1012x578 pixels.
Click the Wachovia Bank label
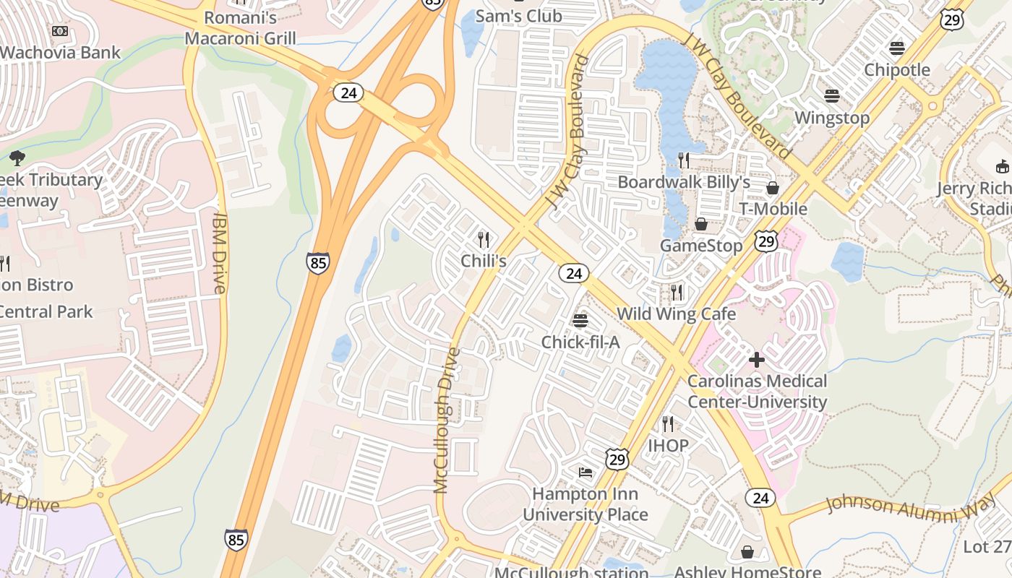61,53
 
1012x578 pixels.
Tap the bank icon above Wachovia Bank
61,31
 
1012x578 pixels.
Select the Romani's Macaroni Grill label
241,27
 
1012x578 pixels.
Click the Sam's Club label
518,16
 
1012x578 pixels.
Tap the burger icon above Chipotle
897,48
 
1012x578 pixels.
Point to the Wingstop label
832,117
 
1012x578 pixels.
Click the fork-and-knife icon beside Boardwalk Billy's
684,160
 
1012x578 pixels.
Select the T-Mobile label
773,209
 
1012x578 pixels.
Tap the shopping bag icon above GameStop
700,224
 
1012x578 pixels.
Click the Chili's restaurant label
484,261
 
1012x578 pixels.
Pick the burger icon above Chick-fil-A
580,320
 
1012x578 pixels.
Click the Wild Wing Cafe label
676,314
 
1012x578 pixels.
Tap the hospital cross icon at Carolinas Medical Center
757,359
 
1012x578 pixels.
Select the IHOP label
668,445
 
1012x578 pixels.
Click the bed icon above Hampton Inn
586,473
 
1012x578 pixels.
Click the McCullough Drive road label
447,420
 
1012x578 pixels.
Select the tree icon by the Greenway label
17,158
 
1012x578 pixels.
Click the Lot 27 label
987,546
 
